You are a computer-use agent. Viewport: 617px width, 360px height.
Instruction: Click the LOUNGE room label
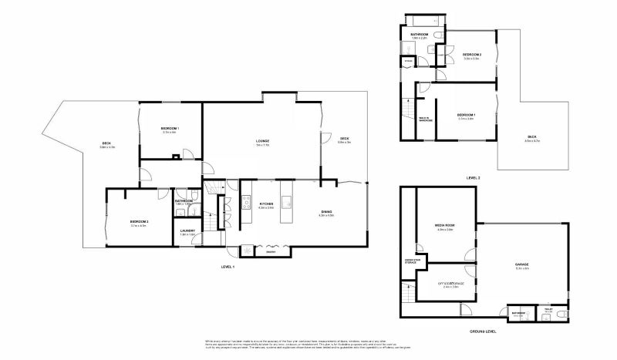point(262,141)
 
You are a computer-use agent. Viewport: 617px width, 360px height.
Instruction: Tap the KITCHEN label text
point(266,204)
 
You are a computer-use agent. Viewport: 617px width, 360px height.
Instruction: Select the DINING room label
point(326,211)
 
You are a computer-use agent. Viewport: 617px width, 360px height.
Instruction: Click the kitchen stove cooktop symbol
point(248,204)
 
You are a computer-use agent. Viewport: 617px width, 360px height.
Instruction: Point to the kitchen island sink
point(285,204)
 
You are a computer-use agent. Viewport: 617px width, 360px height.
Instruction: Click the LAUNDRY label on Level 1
point(187,230)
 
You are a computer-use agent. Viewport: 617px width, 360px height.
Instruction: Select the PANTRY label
point(271,251)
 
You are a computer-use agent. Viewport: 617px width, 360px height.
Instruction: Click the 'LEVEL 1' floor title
point(228,266)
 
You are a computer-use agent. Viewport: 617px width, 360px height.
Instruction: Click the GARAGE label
point(522,264)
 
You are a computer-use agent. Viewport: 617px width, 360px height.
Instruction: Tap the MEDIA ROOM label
point(446,226)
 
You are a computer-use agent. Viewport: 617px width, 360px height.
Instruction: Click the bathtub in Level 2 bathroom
point(423,21)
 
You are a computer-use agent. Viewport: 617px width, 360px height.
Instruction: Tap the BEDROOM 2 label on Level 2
point(471,55)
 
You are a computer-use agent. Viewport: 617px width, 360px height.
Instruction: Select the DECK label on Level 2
point(532,140)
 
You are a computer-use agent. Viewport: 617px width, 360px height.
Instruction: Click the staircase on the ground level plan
point(406,294)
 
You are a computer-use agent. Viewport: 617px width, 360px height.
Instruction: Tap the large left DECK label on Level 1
point(106,143)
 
